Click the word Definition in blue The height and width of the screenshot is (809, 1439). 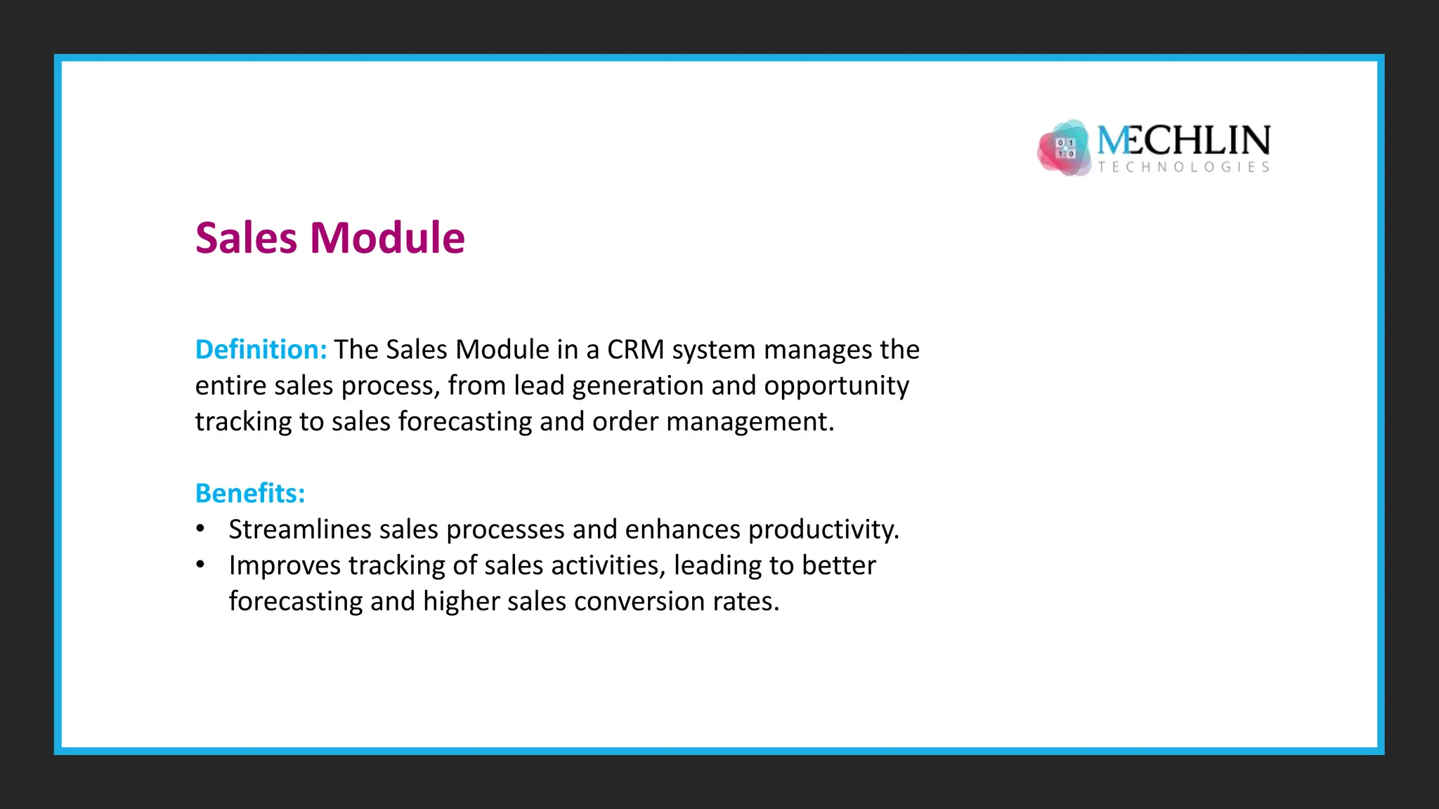pyautogui.click(x=261, y=350)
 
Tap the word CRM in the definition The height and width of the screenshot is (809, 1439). pyautogui.click(x=635, y=350)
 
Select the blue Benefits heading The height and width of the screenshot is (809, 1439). pyautogui.click(x=249, y=494)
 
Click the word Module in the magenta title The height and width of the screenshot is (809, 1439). pyautogui.click(x=387, y=238)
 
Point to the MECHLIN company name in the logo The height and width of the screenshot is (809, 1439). pyautogui.click(x=1183, y=140)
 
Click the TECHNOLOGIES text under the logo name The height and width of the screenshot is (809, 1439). pyautogui.click(x=1184, y=167)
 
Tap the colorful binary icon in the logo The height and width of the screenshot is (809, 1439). pyautogui.click(x=1064, y=148)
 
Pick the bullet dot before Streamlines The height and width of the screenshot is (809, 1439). pyautogui.click(x=200, y=529)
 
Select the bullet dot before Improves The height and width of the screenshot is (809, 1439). pyautogui.click(x=200, y=565)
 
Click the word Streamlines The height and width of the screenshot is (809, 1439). pyautogui.click(x=299, y=530)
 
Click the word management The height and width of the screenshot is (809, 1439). pyautogui.click(x=749, y=422)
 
